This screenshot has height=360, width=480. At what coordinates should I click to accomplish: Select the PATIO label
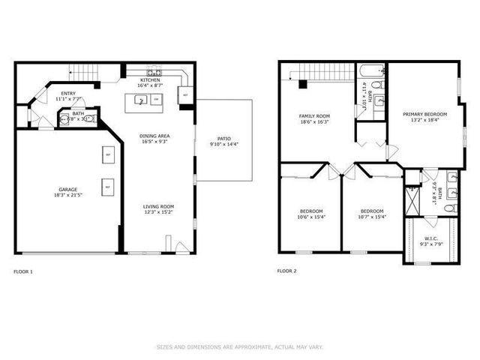click(x=224, y=139)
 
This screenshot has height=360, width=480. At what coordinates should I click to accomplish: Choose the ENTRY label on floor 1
click(x=68, y=93)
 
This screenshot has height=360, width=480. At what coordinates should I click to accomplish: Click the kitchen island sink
click(x=140, y=99)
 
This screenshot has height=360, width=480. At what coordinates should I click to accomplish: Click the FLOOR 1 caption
click(x=23, y=271)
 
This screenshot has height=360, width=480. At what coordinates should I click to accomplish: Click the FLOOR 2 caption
click(x=286, y=271)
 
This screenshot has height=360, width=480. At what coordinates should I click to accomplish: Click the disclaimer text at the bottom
click(x=239, y=346)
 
